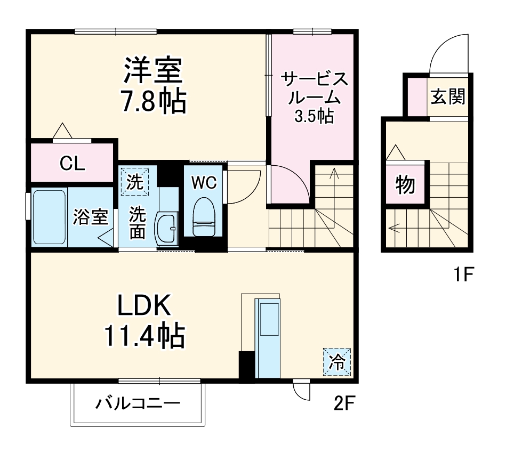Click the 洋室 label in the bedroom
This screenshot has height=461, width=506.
point(154,70)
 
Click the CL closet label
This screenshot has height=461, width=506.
point(72,164)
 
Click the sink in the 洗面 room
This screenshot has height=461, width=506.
point(166,229)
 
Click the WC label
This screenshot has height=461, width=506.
point(204,183)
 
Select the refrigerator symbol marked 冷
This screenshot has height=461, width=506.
point(336,362)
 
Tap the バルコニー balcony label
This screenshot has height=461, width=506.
point(138,403)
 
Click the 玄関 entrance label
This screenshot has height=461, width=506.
point(448,96)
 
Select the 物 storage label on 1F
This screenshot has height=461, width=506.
point(405,184)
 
